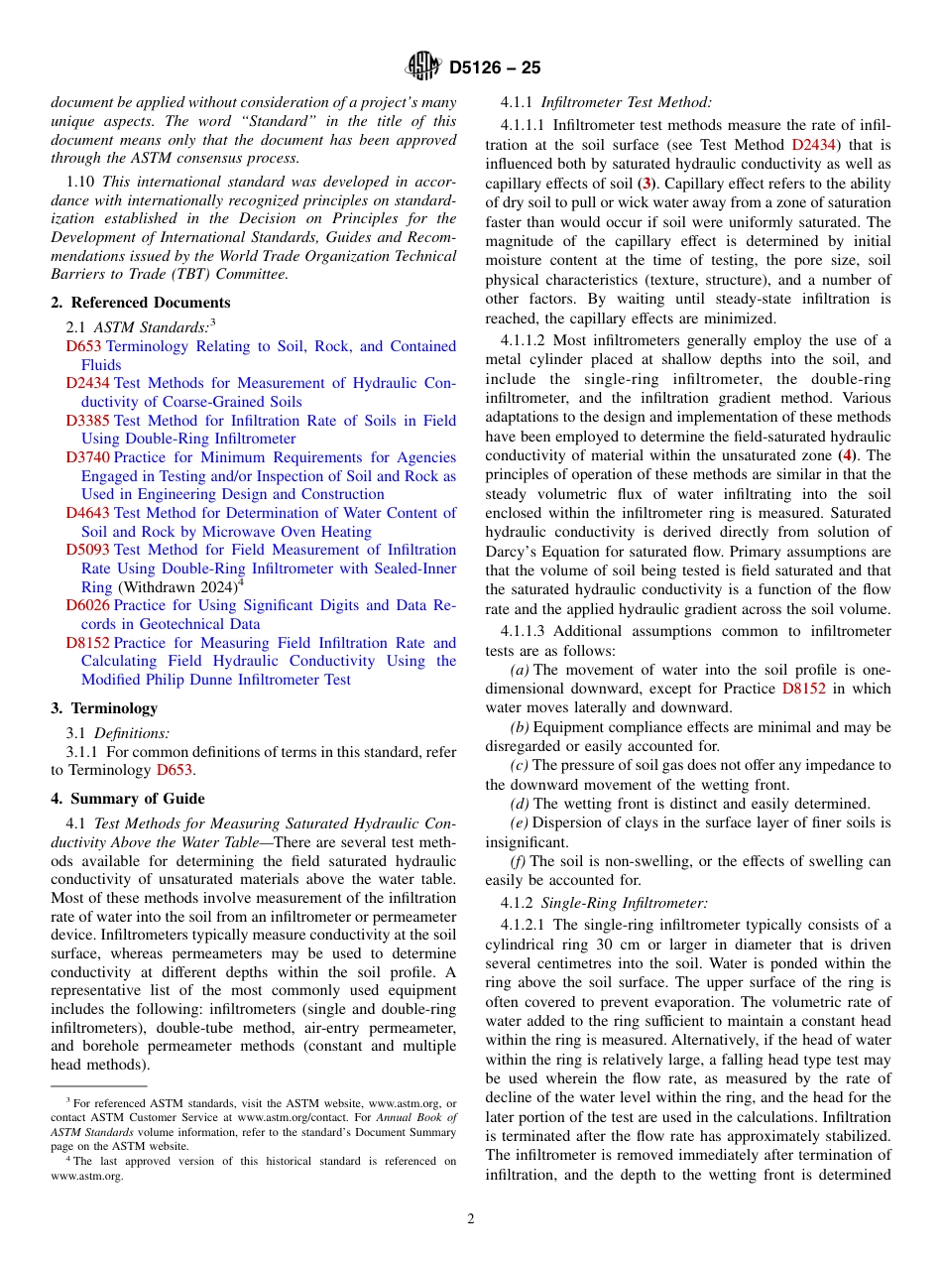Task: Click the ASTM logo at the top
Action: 423,67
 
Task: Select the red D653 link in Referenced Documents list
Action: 83,346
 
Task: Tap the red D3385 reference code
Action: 87,421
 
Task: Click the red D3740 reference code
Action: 87,457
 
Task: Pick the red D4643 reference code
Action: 87,513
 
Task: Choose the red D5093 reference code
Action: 87,550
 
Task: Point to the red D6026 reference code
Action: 87,605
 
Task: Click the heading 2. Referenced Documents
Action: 140,303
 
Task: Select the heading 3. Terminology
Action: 104,708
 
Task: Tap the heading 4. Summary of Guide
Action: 128,799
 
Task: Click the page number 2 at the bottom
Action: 471,1219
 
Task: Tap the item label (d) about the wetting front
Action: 519,804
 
